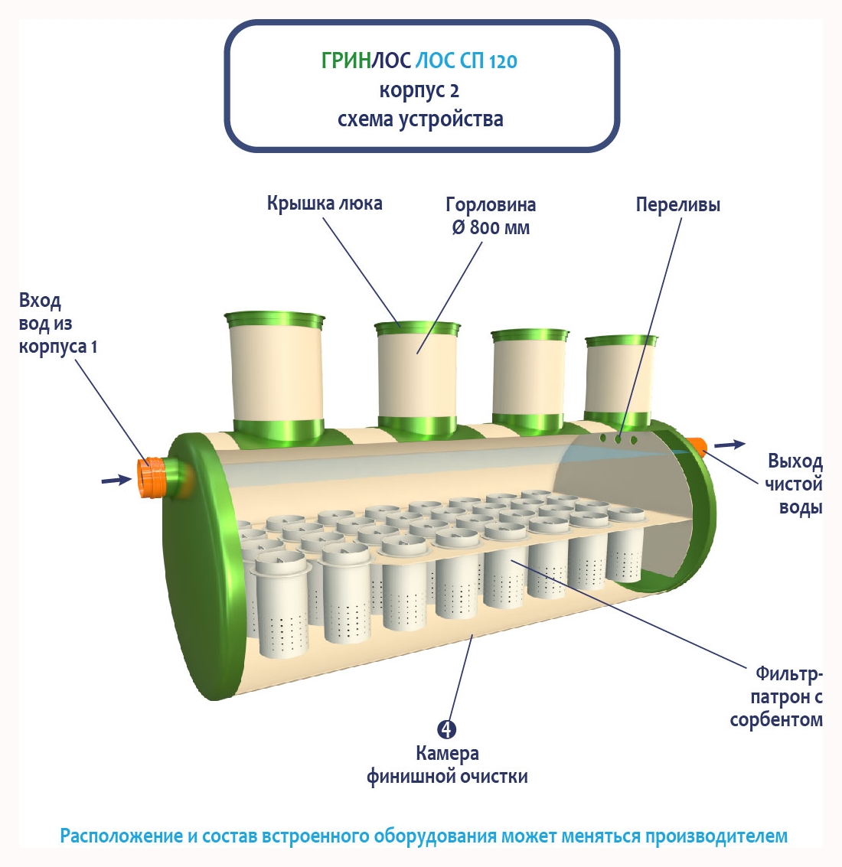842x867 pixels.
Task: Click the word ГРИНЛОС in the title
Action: tap(366, 61)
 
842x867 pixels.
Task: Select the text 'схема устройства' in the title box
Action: tap(420, 119)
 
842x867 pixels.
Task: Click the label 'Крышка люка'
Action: tap(325, 204)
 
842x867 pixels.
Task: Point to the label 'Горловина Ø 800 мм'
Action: tap(491, 216)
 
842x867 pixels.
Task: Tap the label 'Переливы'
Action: tap(677, 205)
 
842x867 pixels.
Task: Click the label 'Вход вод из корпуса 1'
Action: tap(57, 324)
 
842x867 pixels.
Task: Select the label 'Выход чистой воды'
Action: tap(795, 484)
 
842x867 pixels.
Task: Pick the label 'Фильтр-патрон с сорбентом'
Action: tap(778, 696)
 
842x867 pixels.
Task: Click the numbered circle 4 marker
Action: tap(447, 729)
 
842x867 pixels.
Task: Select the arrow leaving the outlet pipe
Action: tap(729, 445)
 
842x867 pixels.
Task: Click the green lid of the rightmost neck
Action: tap(622, 341)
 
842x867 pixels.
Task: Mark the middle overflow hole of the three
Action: tap(618, 438)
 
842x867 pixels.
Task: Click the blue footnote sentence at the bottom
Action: tap(423, 836)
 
